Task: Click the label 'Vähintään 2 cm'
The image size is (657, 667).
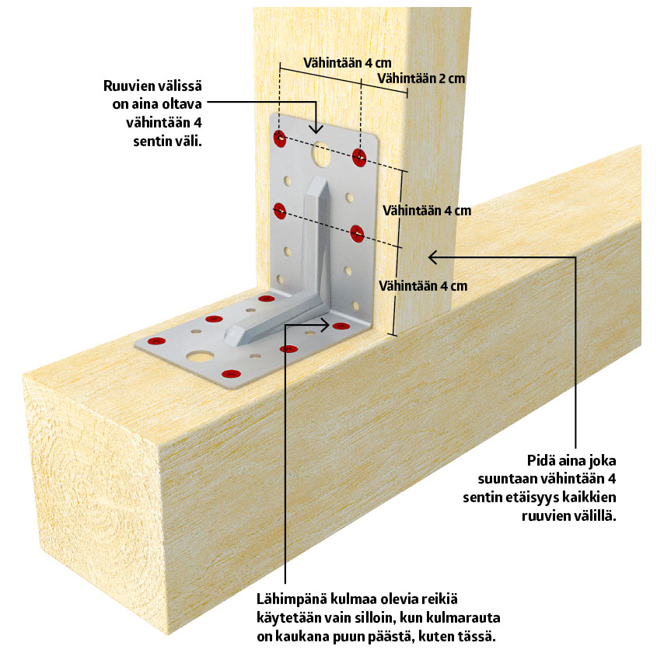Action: pos(421,79)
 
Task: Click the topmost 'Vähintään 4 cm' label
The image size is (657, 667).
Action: pos(346,62)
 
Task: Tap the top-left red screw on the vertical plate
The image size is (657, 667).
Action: pos(280,139)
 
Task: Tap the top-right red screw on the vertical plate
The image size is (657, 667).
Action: pos(358,157)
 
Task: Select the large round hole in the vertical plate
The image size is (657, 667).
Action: pos(320,155)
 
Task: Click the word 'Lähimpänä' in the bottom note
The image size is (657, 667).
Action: pos(292,600)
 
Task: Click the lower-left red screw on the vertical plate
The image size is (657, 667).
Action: pos(280,210)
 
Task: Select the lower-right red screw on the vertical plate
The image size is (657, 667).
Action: pos(356,232)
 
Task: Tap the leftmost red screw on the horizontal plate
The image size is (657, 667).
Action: pos(155,340)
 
